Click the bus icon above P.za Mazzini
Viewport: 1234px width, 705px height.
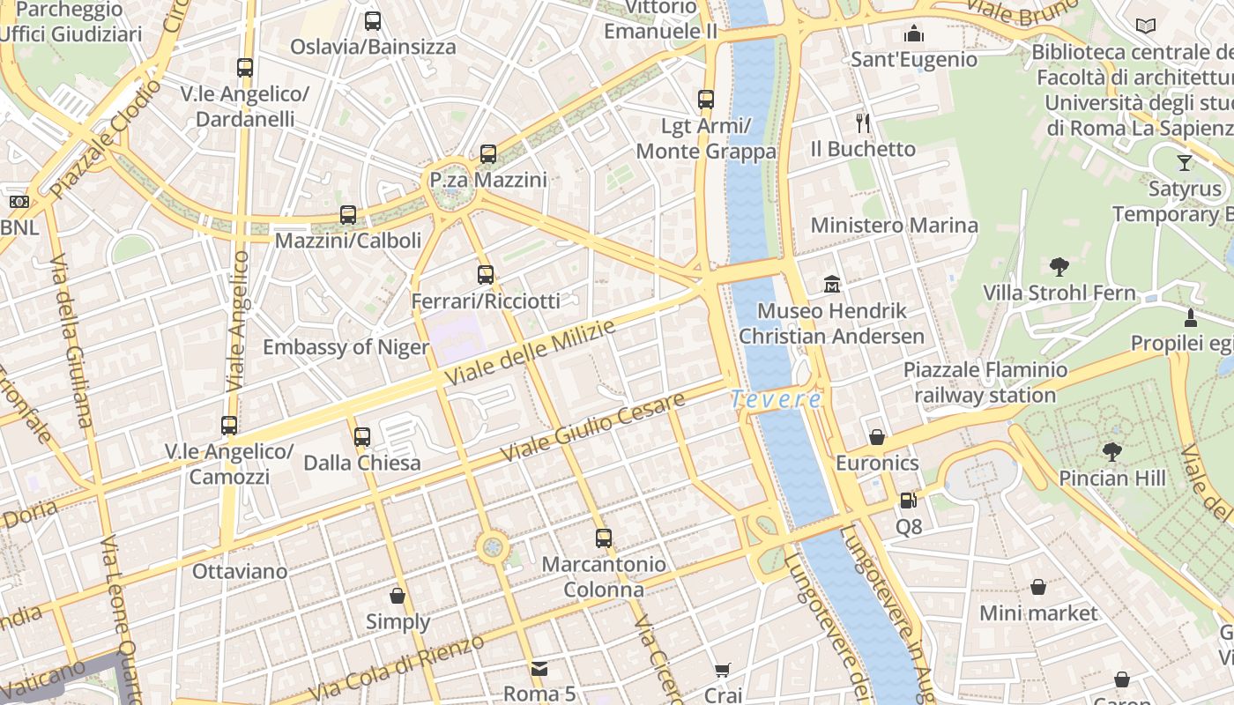(x=488, y=154)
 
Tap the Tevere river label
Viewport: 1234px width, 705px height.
(x=776, y=400)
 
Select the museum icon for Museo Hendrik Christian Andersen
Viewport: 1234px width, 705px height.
(x=832, y=284)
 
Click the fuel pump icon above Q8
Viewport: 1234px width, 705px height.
(x=908, y=501)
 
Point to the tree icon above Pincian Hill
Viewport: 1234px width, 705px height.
(x=1112, y=452)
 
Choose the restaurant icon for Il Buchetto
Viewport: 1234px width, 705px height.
(x=863, y=122)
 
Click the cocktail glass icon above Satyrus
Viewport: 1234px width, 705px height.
(x=1184, y=163)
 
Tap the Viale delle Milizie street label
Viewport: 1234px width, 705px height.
(x=530, y=352)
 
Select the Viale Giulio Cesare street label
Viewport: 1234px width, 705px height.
(x=592, y=427)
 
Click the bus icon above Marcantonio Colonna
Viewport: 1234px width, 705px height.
(x=604, y=538)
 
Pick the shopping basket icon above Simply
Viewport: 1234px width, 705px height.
(x=398, y=596)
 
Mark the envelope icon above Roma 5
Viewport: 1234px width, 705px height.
(x=539, y=669)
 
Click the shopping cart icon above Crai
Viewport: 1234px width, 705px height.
(x=723, y=670)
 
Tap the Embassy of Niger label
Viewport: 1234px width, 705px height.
(x=346, y=347)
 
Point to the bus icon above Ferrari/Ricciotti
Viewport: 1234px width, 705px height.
(x=486, y=275)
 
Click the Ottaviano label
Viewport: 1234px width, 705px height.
(x=240, y=571)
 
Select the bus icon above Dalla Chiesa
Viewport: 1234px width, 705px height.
(x=362, y=436)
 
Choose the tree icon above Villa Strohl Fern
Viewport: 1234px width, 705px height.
(x=1059, y=266)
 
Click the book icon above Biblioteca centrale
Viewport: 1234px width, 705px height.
(x=1146, y=26)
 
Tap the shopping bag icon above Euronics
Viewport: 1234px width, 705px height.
(x=877, y=437)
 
